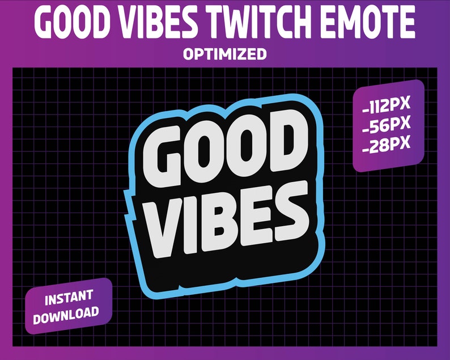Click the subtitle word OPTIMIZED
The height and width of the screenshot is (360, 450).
pyautogui.click(x=225, y=54)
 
